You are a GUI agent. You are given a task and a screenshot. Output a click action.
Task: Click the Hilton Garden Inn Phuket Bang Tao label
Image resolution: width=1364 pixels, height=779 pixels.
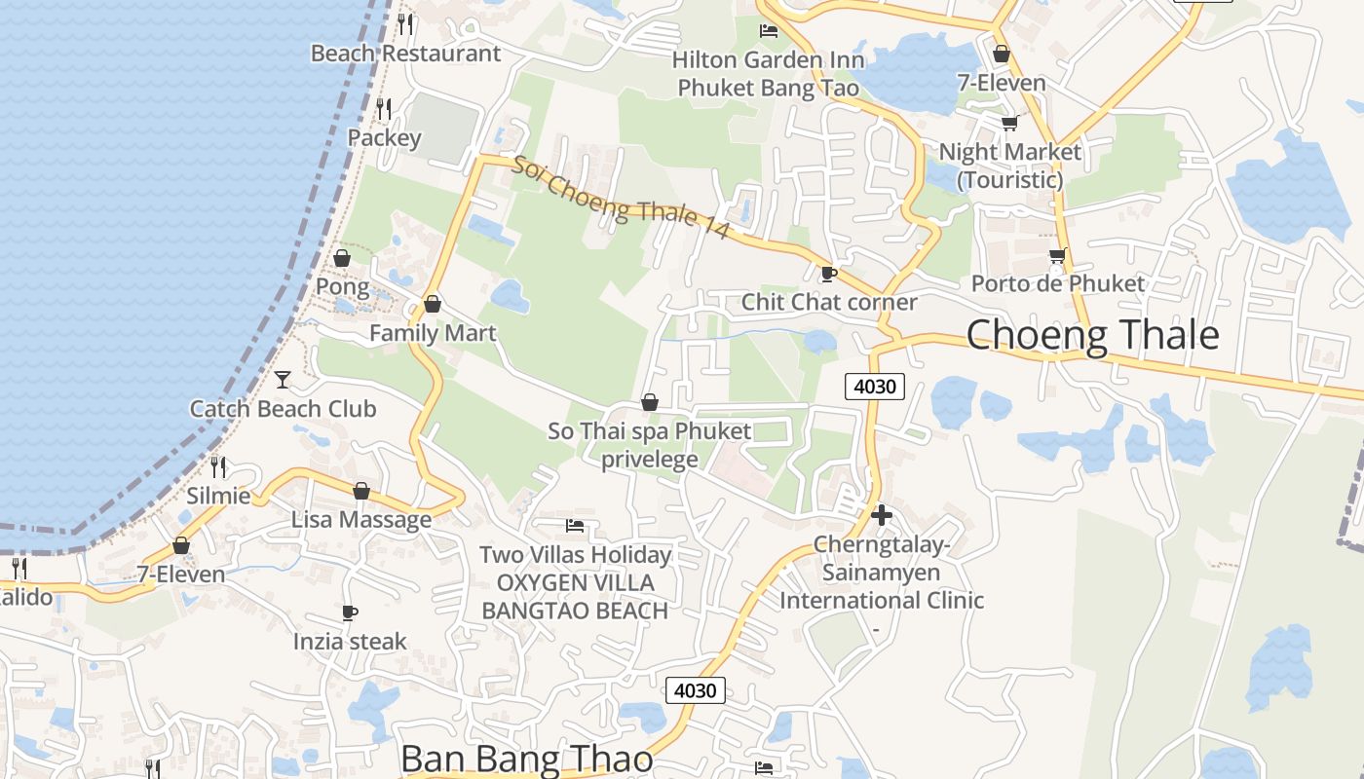[768, 74]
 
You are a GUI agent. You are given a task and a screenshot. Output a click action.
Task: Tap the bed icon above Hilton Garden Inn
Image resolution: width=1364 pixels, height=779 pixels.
[769, 31]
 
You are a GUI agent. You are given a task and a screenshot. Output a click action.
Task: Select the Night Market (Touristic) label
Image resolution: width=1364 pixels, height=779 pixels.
[1009, 166]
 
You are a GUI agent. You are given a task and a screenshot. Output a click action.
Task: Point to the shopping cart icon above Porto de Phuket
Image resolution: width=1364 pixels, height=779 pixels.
[1057, 256]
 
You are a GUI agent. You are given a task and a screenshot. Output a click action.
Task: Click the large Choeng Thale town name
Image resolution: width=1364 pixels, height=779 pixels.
[1092, 335]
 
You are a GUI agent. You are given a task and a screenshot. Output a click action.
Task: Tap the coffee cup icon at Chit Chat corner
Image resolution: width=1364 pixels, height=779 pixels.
[829, 274]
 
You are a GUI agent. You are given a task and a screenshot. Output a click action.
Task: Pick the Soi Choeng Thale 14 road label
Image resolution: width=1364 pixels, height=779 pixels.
[621, 199]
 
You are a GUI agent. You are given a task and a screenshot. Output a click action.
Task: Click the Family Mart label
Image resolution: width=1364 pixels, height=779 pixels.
[433, 333]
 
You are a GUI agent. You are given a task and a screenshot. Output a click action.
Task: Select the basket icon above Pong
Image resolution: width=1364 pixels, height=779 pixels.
[342, 258]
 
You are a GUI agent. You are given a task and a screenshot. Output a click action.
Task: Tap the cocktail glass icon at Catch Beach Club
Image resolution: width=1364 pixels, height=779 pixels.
[283, 379]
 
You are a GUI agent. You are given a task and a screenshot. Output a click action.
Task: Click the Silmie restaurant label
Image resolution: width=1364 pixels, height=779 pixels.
[218, 496]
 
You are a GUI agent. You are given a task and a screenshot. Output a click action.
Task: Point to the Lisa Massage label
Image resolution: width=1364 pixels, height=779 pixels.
[361, 520]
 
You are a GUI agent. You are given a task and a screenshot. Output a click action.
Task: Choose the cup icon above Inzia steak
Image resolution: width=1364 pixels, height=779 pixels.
[350, 612]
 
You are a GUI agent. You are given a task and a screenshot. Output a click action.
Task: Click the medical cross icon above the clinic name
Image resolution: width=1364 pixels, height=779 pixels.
[882, 514]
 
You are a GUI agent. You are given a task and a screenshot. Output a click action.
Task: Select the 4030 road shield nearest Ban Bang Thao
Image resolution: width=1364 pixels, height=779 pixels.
[696, 690]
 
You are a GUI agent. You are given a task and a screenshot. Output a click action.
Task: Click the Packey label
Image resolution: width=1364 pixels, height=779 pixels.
[384, 138]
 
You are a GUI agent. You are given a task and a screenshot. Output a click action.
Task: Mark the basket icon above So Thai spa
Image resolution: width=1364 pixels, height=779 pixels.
[650, 402]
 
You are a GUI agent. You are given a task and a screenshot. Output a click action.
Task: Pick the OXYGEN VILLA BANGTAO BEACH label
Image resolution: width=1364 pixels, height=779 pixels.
[575, 597]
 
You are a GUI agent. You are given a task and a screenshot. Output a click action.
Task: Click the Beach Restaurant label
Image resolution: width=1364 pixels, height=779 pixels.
[405, 54]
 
